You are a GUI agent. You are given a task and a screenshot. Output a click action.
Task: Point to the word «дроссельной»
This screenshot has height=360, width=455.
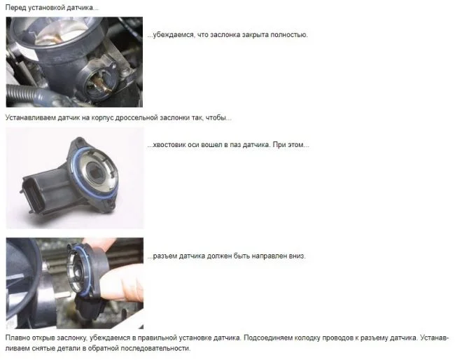coord(136,118)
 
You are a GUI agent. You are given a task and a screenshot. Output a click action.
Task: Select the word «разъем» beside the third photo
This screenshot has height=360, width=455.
coord(164,256)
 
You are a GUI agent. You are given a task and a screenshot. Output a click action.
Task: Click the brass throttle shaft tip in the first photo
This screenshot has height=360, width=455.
coord(103,87)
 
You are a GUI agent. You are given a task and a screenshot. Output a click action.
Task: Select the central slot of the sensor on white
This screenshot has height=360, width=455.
coord(95,172)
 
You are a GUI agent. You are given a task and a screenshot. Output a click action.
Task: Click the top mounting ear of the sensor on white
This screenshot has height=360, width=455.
coord(79,143)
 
